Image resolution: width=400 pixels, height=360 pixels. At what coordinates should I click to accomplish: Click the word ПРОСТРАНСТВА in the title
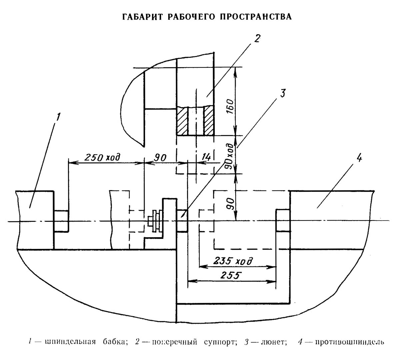256,17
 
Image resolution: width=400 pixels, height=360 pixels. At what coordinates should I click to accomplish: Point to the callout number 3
282,94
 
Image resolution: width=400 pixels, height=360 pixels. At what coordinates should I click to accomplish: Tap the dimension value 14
206,157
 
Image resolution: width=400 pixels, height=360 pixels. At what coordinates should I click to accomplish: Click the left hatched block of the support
183,121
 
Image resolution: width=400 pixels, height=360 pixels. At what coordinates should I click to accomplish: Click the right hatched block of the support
209,121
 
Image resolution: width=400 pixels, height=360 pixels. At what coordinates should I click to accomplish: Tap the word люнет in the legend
274,342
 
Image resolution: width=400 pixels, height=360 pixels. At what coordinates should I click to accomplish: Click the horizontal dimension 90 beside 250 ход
160,157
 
